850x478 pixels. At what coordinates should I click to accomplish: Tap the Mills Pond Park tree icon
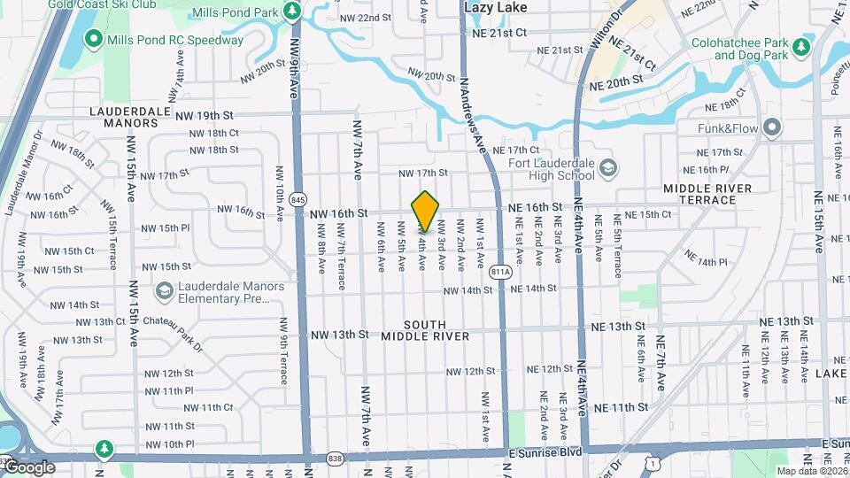293,12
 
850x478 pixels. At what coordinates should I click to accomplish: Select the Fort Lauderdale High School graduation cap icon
608,167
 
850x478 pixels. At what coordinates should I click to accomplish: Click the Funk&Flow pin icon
772,128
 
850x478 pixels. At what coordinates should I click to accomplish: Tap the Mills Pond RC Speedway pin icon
94,40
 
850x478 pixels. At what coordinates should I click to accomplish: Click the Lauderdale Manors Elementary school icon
164,291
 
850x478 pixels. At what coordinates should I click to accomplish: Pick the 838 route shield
334,458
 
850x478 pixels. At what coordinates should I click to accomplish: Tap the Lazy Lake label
496,7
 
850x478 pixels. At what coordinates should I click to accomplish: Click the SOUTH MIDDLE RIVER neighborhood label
425,330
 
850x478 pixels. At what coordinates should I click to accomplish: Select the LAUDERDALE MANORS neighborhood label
124,117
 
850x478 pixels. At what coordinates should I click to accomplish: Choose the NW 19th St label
204,115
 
